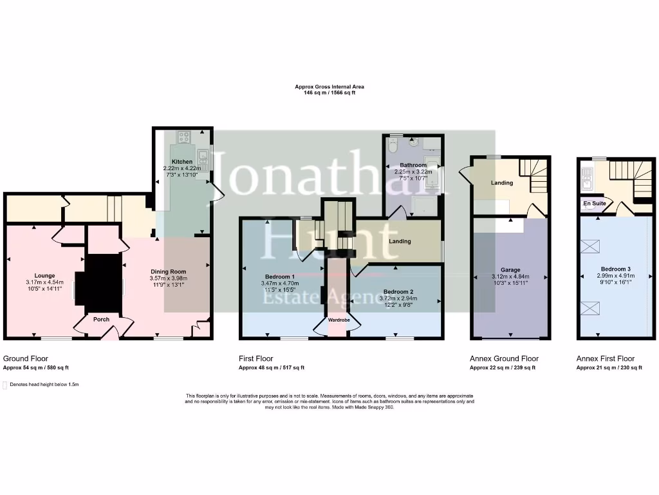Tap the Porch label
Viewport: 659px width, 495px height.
click(x=102, y=319)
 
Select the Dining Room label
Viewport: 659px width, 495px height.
click(x=168, y=271)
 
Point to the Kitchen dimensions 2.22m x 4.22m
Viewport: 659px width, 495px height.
click(x=181, y=168)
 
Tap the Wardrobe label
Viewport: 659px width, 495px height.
click(x=339, y=320)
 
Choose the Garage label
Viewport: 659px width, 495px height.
click(x=510, y=270)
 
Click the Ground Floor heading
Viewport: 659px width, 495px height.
click(x=26, y=358)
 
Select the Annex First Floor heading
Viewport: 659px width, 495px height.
click(x=606, y=358)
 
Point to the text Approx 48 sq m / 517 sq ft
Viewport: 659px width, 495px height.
click(x=271, y=367)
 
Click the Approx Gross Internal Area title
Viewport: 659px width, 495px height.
click(x=329, y=86)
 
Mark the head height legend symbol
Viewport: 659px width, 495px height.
click(x=5, y=385)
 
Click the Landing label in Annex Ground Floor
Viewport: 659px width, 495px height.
click(x=502, y=182)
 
